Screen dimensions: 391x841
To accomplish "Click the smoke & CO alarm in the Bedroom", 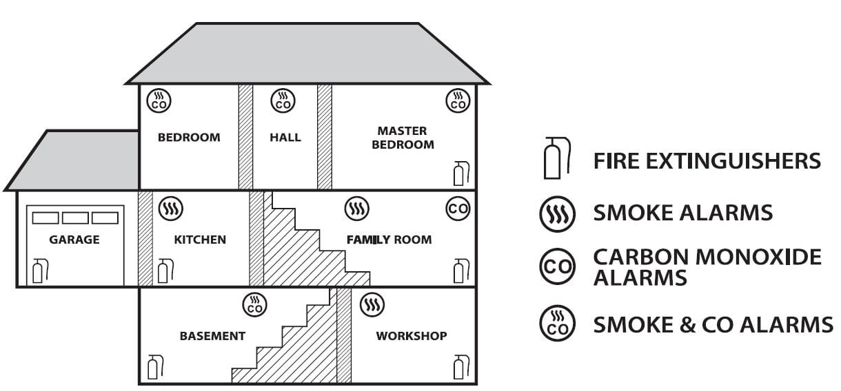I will pyautogui.click(x=159, y=101).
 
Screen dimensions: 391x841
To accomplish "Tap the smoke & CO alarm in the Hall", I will pyautogui.click(x=283, y=101).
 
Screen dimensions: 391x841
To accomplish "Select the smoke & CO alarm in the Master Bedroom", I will pyautogui.click(x=458, y=101).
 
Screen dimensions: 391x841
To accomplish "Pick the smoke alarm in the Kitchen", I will pyautogui.click(x=170, y=208).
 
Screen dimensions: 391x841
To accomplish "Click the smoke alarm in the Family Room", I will pyautogui.click(x=357, y=208).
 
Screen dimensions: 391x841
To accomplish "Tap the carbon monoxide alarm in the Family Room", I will pyautogui.click(x=458, y=208).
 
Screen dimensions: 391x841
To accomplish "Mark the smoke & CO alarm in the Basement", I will pyautogui.click(x=255, y=304).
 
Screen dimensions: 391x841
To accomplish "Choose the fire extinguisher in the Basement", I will pyautogui.click(x=155, y=366).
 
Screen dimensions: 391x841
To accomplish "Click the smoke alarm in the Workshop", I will pyautogui.click(x=372, y=304).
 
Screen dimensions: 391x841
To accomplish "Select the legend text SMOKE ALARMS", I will pyautogui.click(x=682, y=213).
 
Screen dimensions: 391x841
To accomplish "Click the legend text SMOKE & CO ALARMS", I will pyautogui.click(x=713, y=323).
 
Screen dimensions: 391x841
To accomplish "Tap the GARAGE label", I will pyautogui.click(x=74, y=240).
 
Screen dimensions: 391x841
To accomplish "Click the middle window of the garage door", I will pyautogui.click(x=75, y=218).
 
